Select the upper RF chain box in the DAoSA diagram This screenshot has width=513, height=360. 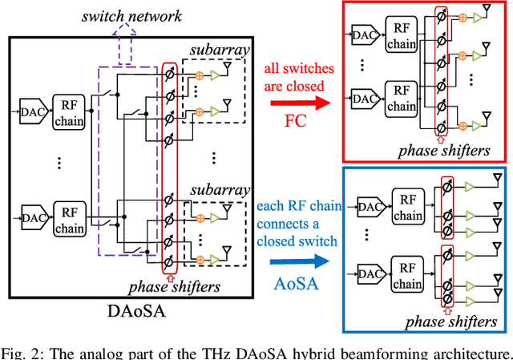(x=68, y=109)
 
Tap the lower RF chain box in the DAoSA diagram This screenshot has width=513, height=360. (x=68, y=220)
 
